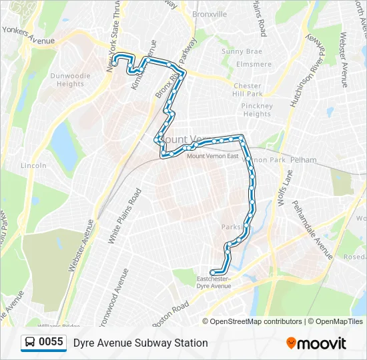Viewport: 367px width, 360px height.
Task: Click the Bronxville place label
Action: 210,14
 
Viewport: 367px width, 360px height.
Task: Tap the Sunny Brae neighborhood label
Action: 242,51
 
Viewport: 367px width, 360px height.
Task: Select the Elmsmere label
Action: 254,65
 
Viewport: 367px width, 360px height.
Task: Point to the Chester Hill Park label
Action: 248,90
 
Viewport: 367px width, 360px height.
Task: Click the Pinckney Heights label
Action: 257,110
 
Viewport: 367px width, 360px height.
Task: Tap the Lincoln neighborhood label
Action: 33,165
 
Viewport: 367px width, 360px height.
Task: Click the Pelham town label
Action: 303,161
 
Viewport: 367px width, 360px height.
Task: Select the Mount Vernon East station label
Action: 212,156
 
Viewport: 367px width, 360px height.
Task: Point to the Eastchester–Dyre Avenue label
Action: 214,282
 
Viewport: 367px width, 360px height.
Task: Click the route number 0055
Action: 51,343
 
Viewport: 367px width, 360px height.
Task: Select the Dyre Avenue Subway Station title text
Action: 141,343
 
